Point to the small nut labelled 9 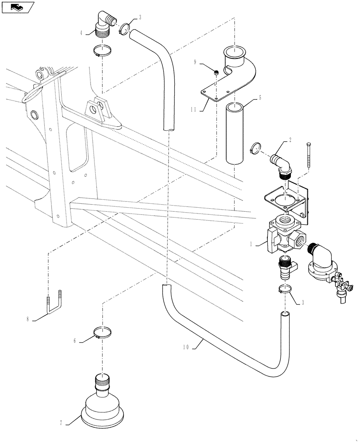click(x=216, y=72)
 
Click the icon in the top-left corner click(x=17, y=7)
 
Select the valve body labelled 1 click(x=284, y=235)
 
